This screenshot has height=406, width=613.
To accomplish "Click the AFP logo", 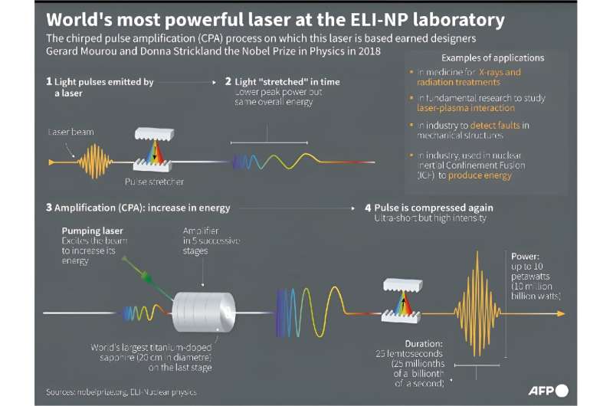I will pos(547,390).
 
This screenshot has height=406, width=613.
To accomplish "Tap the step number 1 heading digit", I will pos(49,81).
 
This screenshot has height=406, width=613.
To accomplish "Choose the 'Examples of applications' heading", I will pos(493,58).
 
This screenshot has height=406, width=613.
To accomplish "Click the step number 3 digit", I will pos(49,208).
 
